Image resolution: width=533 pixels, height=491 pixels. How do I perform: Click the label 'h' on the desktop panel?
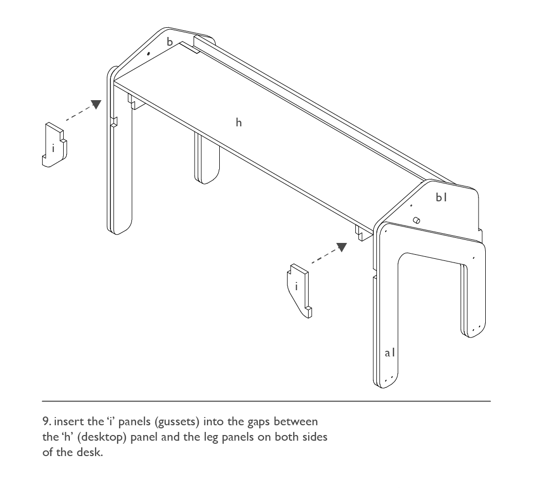239,122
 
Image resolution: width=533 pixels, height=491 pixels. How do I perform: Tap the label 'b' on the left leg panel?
169,42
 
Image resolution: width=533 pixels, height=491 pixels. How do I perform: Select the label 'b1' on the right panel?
441,197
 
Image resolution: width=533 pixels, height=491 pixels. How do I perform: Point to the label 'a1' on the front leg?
390,353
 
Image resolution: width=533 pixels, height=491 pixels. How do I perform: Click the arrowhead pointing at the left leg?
97,104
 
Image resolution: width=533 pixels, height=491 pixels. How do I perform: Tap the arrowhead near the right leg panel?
341,247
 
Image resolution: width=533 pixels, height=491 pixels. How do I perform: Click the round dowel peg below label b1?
416,220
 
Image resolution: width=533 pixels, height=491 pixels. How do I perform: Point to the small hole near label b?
148,53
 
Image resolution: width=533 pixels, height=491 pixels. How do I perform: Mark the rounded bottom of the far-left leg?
120,225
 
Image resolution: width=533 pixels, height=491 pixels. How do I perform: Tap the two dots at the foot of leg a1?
390,379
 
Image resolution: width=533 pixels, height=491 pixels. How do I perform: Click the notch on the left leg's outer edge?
114,122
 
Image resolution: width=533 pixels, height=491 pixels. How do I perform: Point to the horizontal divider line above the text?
266,401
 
